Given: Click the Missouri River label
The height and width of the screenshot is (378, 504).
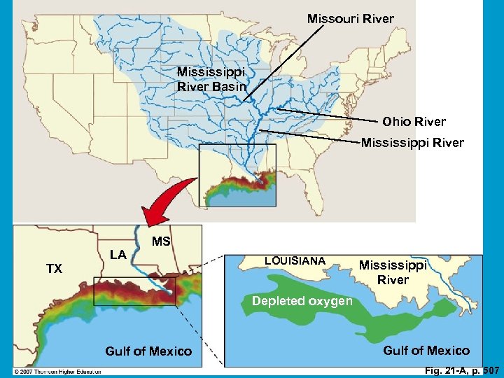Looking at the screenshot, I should click(351, 19).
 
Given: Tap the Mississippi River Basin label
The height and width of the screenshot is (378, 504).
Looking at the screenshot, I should click(211, 79).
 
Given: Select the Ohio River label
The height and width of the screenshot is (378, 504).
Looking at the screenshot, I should click(414, 122).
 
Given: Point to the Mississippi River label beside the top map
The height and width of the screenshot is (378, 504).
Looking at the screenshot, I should click(412, 143).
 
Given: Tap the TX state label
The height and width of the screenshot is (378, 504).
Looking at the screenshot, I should click(54, 269).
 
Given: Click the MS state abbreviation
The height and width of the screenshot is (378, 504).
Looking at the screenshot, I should click(162, 241).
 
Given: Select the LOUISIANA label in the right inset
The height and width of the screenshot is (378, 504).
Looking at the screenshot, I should click(295, 261).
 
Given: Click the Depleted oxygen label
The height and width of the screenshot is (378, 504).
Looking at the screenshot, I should click(302, 301).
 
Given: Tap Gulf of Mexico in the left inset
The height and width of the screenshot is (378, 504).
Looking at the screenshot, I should click(148, 351).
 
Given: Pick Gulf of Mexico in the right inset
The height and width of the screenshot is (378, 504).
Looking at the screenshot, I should click(426, 350).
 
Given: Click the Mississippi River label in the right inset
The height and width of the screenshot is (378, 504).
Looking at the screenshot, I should click(393, 272).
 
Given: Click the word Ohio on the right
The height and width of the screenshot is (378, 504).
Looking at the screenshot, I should click(396, 122).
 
